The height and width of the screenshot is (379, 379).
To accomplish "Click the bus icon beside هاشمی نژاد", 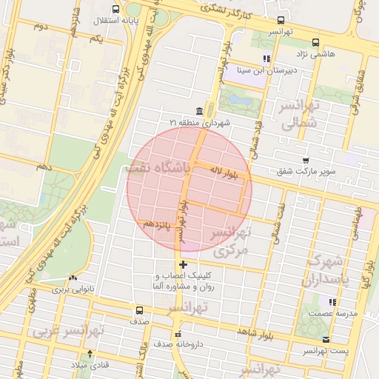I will pyautogui.click(x=316, y=42).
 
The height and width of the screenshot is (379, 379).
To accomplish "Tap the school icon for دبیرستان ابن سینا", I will pyautogui.click(x=266, y=58).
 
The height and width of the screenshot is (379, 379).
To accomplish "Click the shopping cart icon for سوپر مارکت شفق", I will pyautogui.click(x=306, y=160).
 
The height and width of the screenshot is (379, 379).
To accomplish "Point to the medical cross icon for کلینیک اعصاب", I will pyautogui.click(x=183, y=264).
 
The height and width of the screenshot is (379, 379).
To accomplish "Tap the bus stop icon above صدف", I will pyautogui.click(x=140, y=310).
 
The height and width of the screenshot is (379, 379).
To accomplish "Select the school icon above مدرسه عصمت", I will pyautogui.click(x=332, y=302).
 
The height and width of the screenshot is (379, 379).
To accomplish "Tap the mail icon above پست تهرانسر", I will pyautogui.click(x=326, y=339).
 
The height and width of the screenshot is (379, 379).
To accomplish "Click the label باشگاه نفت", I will pyautogui.click(x=160, y=168).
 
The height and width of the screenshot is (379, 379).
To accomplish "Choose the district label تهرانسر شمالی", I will pyautogui.click(x=301, y=115).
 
